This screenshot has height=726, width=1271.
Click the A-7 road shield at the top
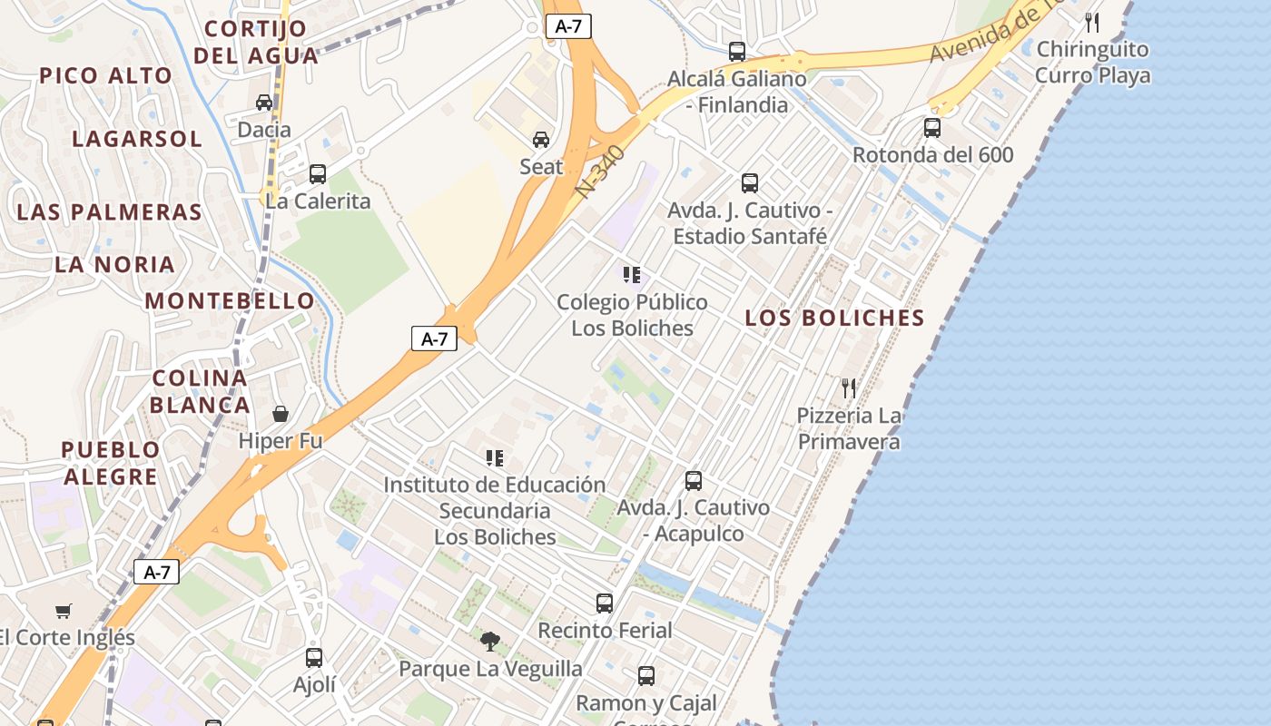(x=568, y=26)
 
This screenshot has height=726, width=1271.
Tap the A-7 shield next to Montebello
(x=435, y=339)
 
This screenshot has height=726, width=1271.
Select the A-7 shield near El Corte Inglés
(x=157, y=573)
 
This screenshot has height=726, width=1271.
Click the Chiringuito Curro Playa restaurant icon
(x=1093, y=23)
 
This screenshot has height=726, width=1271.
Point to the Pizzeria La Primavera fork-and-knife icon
(x=849, y=388)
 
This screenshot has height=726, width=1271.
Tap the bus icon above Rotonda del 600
(x=932, y=128)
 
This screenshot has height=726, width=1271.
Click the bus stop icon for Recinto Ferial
(x=605, y=603)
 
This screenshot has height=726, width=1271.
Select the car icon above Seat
(x=541, y=139)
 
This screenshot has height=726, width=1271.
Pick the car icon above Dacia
(x=264, y=102)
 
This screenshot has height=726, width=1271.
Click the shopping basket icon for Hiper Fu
(x=281, y=414)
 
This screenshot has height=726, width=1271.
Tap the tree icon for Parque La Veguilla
(x=490, y=642)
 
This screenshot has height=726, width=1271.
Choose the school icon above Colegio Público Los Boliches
(x=632, y=274)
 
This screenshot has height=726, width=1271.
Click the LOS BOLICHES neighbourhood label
(x=834, y=319)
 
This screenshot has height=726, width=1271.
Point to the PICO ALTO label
(x=105, y=76)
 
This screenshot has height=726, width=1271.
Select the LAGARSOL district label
(x=137, y=140)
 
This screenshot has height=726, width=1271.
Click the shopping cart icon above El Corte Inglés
(x=63, y=611)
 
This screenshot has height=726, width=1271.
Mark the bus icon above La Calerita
(x=317, y=174)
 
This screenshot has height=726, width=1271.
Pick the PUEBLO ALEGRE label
(x=111, y=463)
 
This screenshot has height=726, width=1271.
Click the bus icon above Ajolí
(x=314, y=658)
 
